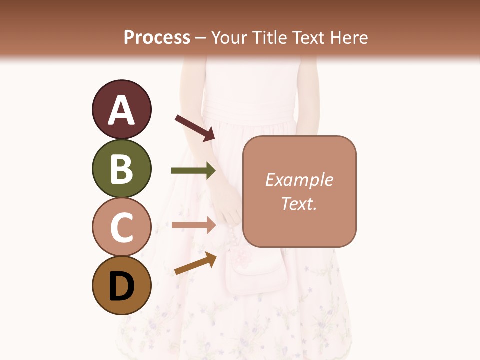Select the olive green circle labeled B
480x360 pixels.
tap(121, 169)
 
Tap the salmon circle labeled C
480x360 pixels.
tap(121, 227)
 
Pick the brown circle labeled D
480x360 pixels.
tap(121, 286)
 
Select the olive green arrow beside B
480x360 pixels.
tap(193, 171)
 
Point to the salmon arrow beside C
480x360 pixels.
tap(193, 225)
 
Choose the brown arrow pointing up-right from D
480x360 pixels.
tap(195, 263)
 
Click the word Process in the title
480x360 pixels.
tap(157, 38)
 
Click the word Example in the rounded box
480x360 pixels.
tap(299, 180)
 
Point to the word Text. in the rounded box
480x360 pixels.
tap(299, 203)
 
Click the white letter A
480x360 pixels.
tap(121, 111)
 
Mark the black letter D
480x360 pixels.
tap(121, 287)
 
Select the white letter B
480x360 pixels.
tap(121, 170)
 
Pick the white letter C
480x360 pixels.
tap(121, 228)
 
